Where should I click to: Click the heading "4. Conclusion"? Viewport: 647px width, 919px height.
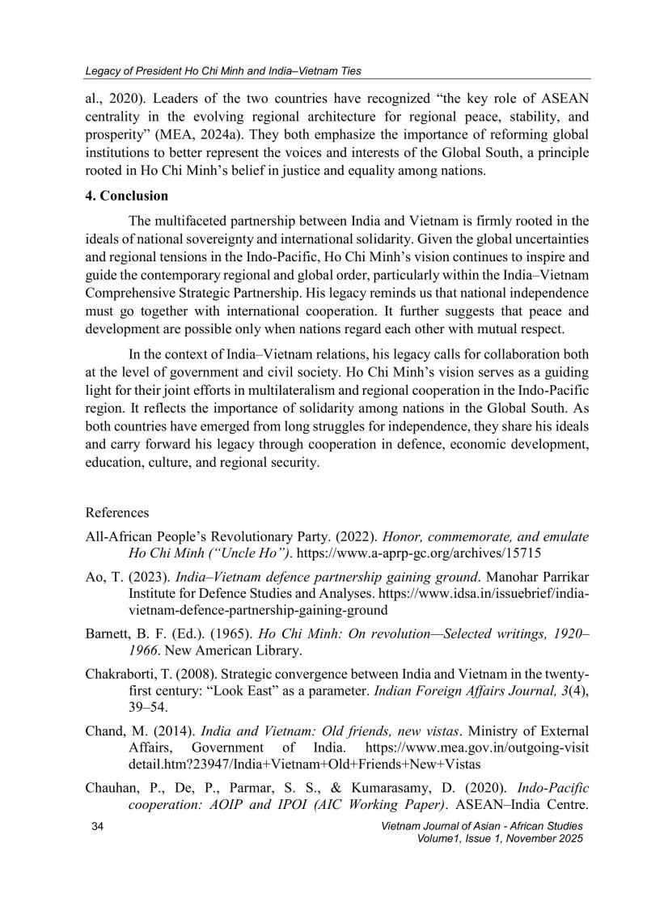[126, 196]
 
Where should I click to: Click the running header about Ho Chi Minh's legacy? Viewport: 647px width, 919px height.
[223, 71]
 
